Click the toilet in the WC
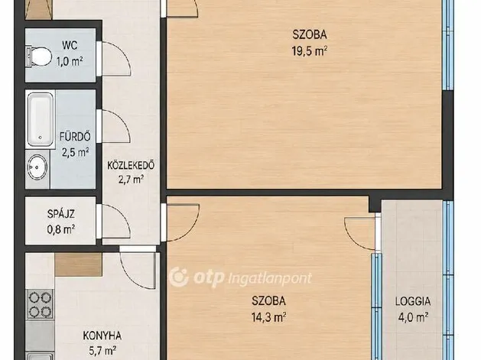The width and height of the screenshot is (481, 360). click(x=39, y=56)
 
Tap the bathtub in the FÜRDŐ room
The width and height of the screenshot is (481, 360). click(x=41, y=119)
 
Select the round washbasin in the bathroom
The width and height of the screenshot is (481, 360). click(x=37, y=167)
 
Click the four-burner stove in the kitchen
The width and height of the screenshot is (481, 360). click(x=40, y=303)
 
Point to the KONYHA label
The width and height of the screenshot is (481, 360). click(x=102, y=336)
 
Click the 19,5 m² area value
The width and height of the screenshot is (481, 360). click(x=309, y=51)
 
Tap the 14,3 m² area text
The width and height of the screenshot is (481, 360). click(x=268, y=317)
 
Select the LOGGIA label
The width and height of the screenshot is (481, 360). click(x=413, y=301)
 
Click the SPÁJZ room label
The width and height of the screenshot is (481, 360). click(x=61, y=214)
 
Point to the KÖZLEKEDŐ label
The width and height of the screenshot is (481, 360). click(x=131, y=166)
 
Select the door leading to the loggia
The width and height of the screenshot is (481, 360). click(x=360, y=233)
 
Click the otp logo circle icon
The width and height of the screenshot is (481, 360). click(x=179, y=277)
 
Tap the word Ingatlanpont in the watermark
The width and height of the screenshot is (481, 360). click(x=270, y=279)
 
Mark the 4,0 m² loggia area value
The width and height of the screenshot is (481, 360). click(x=413, y=317)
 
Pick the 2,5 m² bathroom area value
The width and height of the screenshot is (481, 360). click(x=76, y=152)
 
